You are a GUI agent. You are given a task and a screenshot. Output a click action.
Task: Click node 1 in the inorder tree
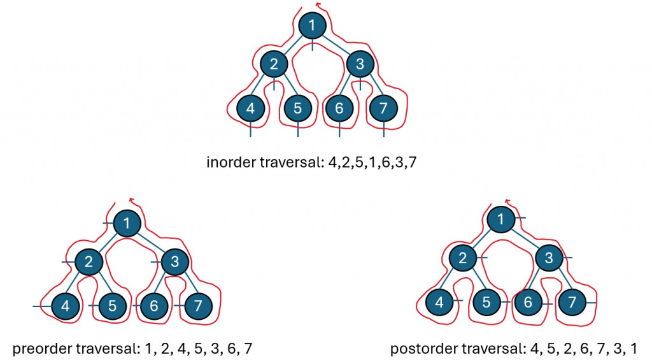tap(312, 25)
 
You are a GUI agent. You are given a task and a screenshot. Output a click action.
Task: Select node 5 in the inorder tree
tap(297, 109)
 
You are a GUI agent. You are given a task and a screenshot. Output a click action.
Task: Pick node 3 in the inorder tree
tap(360, 64)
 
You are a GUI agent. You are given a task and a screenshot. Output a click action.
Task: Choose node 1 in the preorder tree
tap(128, 224)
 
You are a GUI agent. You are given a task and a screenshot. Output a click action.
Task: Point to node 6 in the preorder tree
tap(153, 306)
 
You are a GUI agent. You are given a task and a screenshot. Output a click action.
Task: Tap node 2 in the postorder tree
tap(463, 257)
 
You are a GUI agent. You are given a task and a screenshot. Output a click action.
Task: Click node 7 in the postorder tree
tap(572, 301)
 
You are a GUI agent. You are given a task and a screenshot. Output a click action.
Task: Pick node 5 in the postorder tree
tap(486, 301)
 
